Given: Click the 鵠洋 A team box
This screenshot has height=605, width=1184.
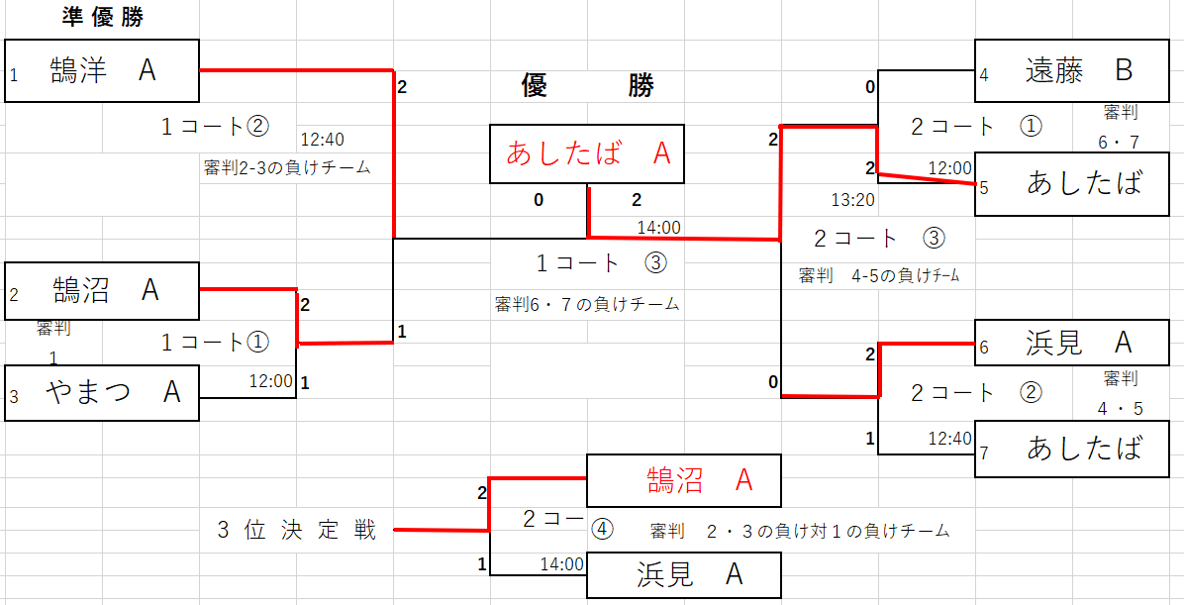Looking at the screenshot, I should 102,70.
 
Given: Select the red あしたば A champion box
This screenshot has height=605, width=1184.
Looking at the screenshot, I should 587,153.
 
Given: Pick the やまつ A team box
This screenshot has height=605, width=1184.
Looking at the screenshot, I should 102,392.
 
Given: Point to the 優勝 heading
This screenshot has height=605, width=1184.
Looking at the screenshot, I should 587,86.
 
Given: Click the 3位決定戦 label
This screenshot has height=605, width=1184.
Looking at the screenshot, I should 297,530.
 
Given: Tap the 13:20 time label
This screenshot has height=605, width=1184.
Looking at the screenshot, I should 852,200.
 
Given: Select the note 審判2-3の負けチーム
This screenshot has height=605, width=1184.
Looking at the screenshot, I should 287,167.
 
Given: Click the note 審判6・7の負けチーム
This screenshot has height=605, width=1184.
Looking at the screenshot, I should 587,304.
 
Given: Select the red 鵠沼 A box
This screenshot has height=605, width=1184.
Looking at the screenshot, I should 684,480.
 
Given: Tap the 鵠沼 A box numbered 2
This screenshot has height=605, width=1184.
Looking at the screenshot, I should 102,290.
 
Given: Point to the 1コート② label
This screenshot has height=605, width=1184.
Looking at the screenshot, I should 215,127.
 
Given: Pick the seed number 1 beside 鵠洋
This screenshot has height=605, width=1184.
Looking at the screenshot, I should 14,75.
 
